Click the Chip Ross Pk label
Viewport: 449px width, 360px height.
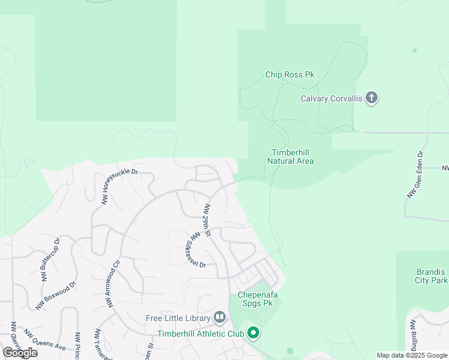(x=290, y=75)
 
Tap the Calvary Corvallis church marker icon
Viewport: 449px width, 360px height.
(x=372, y=98)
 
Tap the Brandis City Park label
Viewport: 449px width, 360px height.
(x=431, y=276)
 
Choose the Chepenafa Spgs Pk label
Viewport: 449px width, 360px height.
(x=260, y=299)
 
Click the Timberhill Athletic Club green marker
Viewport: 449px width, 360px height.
(x=253, y=332)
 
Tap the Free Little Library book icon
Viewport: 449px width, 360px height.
(x=219, y=317)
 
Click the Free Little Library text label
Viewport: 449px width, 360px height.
(x=178, y=317)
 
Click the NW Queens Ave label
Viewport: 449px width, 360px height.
(x=44, y=340)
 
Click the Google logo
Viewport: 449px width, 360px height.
(x=20, y=353)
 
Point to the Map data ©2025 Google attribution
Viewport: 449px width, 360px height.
(x=412, y=355)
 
